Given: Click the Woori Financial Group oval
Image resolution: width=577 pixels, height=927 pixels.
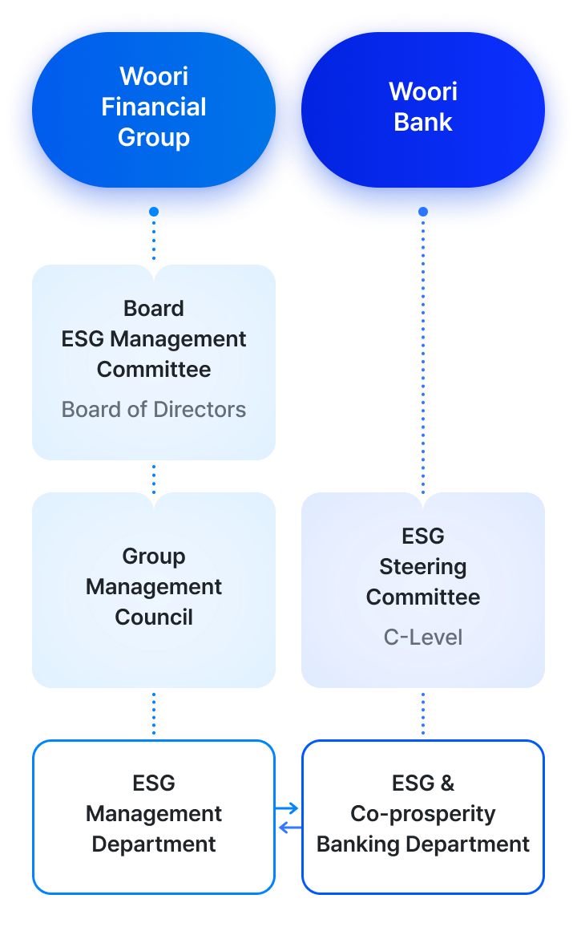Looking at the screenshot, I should coord(154,107).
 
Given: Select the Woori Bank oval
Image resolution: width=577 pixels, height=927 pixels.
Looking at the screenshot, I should coord(422,107).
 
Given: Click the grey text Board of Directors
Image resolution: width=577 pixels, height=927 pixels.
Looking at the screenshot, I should coord(154,410).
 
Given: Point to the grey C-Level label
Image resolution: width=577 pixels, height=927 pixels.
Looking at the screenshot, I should coord(422,638).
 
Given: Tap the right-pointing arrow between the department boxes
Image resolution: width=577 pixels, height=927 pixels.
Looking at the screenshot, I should coord(288,808).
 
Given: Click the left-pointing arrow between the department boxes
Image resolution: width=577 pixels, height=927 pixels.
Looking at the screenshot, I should coord(289,828).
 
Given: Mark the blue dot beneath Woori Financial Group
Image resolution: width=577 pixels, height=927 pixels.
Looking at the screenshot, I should coord(154,212).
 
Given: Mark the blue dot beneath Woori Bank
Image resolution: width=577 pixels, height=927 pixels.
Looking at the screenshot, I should coord(422,212).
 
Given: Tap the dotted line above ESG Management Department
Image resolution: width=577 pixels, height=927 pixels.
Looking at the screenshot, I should coord(154,714).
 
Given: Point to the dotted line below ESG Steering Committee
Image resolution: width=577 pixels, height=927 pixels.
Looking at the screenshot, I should coord(422,714).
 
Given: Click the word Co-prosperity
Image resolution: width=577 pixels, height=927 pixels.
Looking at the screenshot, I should coord(422,814).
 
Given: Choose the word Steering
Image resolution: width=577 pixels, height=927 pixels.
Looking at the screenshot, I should coord(422,567).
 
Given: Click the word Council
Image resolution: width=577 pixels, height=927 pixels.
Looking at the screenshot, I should coord(154,617).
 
